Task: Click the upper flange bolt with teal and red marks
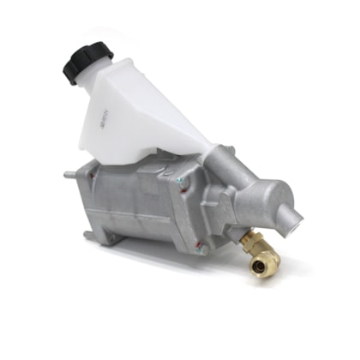(x=181, y=181)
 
